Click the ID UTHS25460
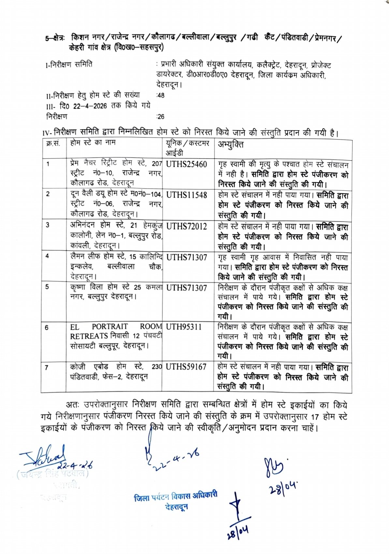coord(186,164)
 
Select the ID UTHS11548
coord(187,195)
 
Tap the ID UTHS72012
coord(187,226)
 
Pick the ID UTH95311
coord(184,327)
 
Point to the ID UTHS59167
coord(186,367)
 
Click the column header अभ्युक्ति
coord(231,145)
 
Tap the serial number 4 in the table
coord(47,256)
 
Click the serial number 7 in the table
coord(47,367)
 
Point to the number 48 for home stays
coord(161,96)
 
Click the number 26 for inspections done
coord(161,117)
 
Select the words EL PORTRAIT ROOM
coord(116,326)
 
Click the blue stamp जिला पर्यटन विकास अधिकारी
coord(175,497)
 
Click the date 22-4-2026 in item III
coord(90,106)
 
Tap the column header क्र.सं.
coord(53,143)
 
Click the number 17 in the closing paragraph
coord(314,417)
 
